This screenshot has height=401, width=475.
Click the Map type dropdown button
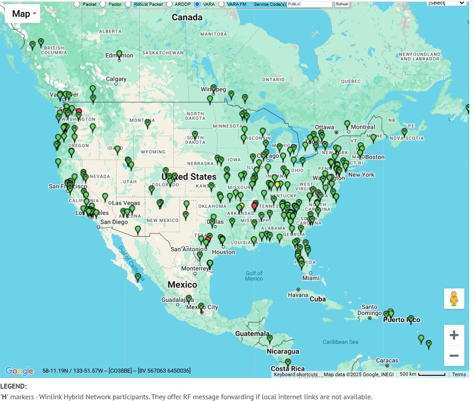(23, 14)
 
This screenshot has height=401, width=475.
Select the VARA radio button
(197, 4)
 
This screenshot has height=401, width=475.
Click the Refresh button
(342, 4)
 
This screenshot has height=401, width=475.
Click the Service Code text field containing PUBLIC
(309, 4)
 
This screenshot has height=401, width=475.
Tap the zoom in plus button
(454, 335)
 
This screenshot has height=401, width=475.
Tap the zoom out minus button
(454, 355)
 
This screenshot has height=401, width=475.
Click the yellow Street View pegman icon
(454, 299)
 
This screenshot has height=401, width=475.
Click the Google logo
(19, 371)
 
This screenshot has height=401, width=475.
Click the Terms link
(459, 374)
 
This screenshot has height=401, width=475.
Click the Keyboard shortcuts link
(295, 374)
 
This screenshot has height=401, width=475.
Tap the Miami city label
(311, 278)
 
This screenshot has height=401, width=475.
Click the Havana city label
(297, 295)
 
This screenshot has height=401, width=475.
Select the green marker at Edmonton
(119, 55)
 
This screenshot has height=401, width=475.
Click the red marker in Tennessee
(255, 206)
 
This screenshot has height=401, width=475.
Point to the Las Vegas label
(126, 203)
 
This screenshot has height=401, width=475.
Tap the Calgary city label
(116, 79)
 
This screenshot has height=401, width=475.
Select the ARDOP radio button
(170, 4)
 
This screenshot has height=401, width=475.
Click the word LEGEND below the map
(13, 386)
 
